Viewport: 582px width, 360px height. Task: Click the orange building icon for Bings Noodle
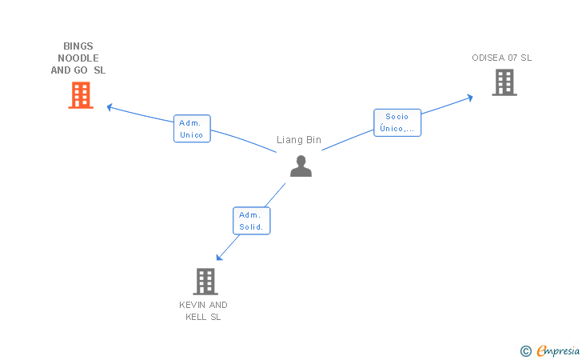[80, 95]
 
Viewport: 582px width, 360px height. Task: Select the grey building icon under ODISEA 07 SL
[504, 82]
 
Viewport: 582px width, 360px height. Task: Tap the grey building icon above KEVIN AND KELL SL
[205, 281]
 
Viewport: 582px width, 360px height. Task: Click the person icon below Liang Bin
[301, 166]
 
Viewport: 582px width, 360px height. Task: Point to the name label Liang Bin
[299, 140]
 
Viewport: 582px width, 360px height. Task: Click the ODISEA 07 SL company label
[501, 58]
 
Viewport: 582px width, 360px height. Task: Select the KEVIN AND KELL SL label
[203, 311]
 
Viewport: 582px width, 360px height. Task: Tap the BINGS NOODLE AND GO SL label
[78, 58]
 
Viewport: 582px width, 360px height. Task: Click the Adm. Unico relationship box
[192, 129]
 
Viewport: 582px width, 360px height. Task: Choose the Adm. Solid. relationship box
[252, 221]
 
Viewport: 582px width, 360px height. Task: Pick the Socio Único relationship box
[397, 122]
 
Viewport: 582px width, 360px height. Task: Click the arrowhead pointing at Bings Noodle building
[110, 106]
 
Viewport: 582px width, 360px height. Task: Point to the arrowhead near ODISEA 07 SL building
[470, 98]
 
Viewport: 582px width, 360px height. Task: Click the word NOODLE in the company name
[78, 58]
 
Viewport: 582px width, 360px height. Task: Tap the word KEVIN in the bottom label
[192, 305]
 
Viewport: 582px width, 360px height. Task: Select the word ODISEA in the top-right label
[488, 58]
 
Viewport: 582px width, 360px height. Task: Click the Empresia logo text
[557, 350]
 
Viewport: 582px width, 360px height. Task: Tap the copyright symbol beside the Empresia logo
[525, 350]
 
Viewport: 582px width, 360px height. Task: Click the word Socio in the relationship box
[397, 117]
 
